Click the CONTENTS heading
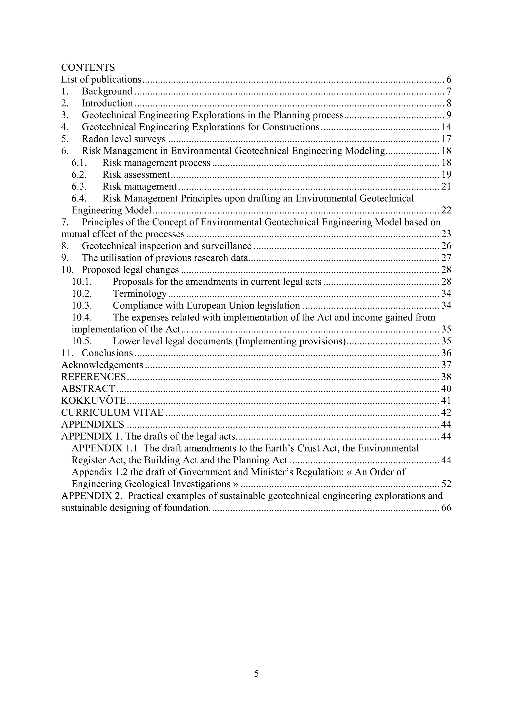pos(88,67)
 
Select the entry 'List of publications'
pos(101,79)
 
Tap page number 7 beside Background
pos(449,91)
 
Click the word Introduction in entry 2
pos(107,103)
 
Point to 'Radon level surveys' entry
pos(123,139)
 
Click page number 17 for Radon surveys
pos(446,139)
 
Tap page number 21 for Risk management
pos(446,186)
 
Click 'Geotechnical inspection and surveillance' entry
pos(167,246)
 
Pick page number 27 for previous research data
pos(446,258)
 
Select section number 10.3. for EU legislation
pos(82,305)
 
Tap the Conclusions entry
pos(107,353)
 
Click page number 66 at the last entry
pos(446,508)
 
